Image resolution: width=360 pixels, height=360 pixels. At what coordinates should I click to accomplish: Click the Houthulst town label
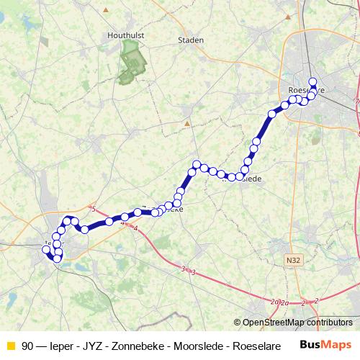click(x=127, y=34)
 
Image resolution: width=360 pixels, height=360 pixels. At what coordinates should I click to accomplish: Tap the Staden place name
click(x=191, y=40)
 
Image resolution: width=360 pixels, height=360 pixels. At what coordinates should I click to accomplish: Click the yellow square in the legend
click(x=10, y=346)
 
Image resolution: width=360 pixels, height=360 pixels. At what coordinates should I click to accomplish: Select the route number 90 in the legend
click(x=27, y=346)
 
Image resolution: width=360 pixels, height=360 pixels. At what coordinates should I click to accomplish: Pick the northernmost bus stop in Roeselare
click(x=312, y=81)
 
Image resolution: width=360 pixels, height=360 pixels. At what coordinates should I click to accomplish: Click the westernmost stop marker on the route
click(x=47, y=250)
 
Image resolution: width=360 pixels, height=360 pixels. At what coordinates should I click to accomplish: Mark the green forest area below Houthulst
click(x=130, y=62)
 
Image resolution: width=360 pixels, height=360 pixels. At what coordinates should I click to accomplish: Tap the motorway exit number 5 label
click(x=94, y=209)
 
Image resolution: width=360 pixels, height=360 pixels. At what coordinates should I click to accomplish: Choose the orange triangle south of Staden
click(x=186, y=122)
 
